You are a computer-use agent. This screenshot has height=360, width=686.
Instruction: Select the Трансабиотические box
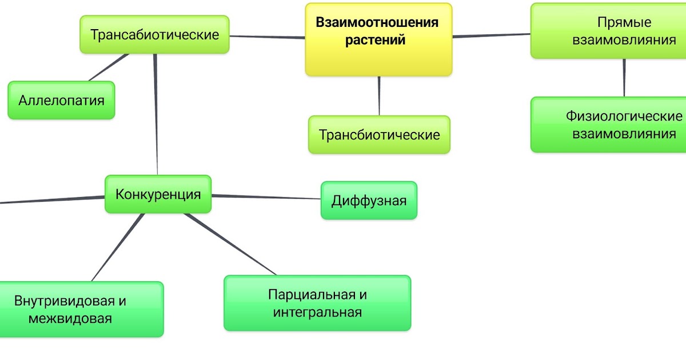[x=154, y=35]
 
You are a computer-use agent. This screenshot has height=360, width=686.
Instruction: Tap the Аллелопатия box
[x=61, y=101]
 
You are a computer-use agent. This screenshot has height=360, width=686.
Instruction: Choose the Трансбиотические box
[x=379, y=135]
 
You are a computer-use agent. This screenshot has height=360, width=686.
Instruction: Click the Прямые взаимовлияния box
[x=608, y=31]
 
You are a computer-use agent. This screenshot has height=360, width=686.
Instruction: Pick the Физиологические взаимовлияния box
[x=608, y=125]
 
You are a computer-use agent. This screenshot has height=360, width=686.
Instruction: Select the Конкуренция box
[x=158, y=194]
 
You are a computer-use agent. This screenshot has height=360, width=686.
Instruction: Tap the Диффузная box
[x=369, y=201]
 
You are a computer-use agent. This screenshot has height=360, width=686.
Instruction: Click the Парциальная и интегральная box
[x=317, y=303]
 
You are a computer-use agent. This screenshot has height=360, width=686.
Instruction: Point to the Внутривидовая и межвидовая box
[x=80, y=309]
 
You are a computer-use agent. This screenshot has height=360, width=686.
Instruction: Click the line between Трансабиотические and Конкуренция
[x=156, y=114]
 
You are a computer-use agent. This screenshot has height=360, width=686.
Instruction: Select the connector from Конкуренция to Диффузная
[x=266, y=197]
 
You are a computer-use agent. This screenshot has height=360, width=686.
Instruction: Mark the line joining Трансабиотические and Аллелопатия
[x=109, y=67]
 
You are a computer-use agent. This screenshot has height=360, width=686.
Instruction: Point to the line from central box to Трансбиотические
[x=379, y=95]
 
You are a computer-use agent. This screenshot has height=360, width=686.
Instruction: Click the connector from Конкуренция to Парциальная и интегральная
[x=232, y=245]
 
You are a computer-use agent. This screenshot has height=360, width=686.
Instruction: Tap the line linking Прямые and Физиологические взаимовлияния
[x=624, y=78]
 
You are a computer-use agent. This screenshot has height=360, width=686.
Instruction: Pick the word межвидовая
[x=70, y=318]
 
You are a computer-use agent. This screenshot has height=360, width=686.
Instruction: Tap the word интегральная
[x=317, y=313]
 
